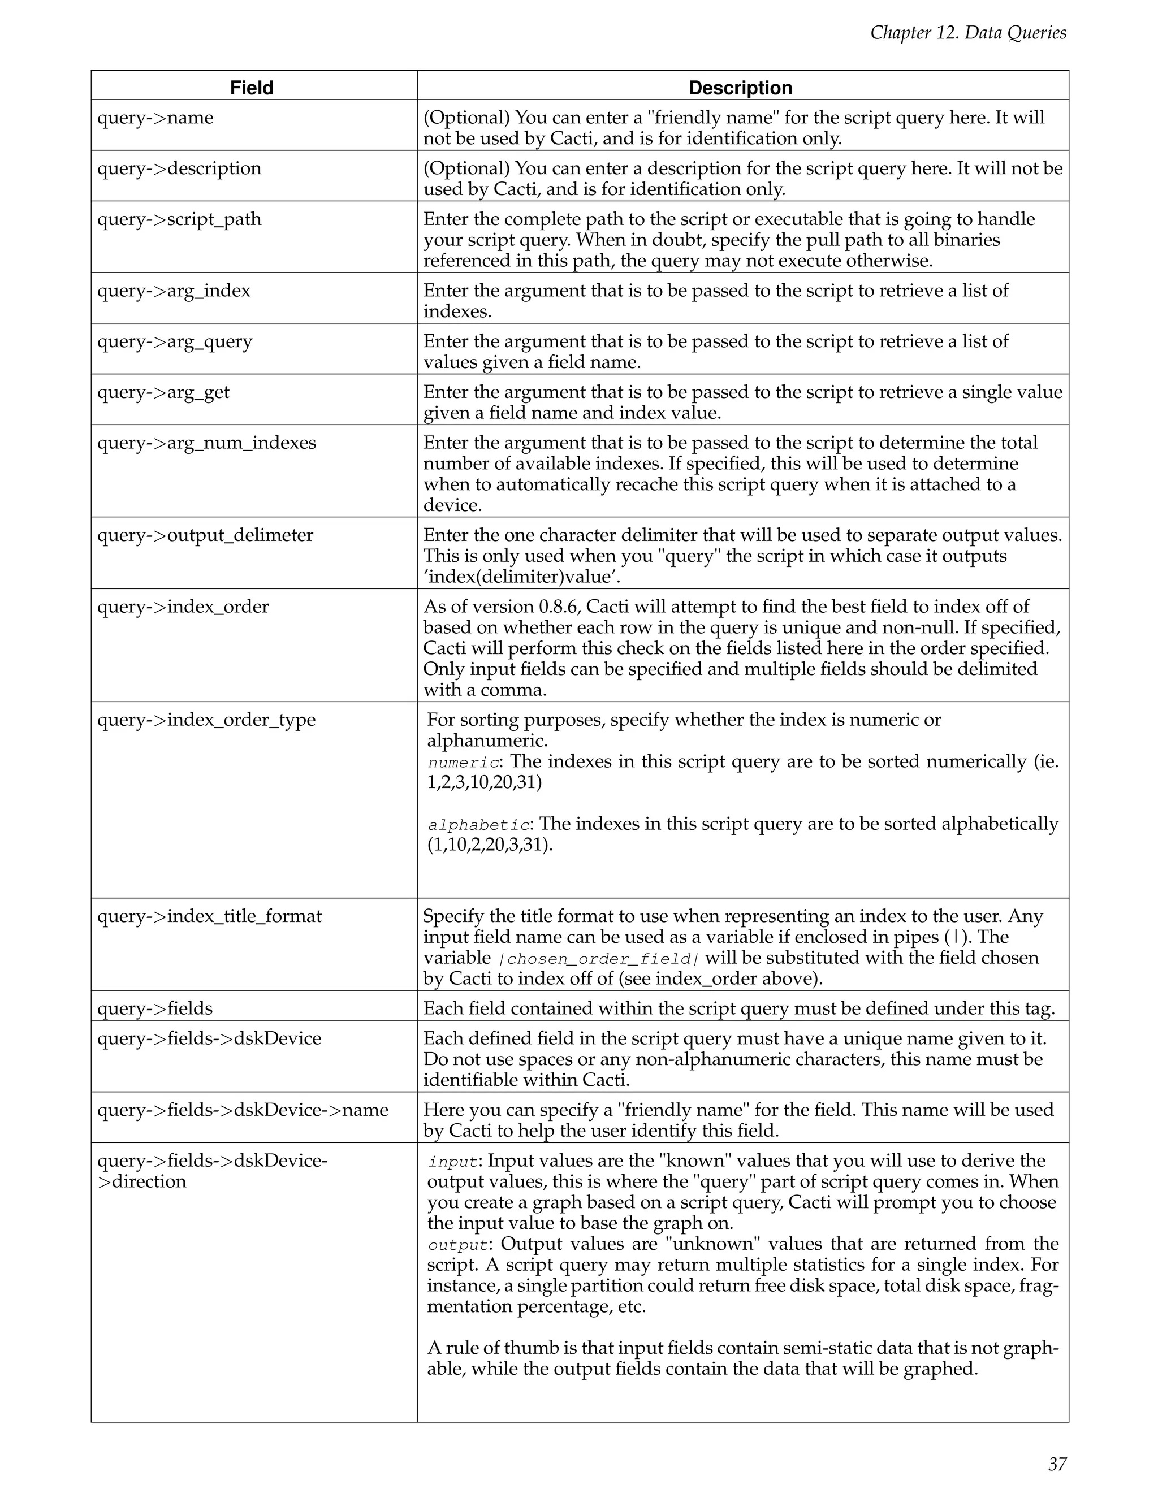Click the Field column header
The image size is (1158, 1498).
[x=252, y=88]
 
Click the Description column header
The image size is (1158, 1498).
[x=740, y=88]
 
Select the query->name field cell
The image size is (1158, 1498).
[x=155, y=118]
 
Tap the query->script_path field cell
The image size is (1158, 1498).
[x=179, y=219]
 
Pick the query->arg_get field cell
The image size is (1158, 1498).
[x=163, y=392]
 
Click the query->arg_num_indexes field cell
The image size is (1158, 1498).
[x=206, y=443]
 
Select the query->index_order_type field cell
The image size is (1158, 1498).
[x=206, y=720]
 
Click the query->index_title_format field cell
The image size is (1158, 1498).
[x=209, y=916]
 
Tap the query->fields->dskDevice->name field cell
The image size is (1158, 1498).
[x=243, y=1110]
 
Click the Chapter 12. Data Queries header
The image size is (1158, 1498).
[x=968, y=32]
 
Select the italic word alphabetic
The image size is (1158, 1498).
[x=478, y=825]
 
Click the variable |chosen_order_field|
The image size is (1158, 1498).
[x=598, y=959]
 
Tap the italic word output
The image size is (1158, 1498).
[x=457, y=1245]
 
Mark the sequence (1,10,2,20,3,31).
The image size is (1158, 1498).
[x=490, y=845]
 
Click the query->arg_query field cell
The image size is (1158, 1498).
[x=175, y=341]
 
